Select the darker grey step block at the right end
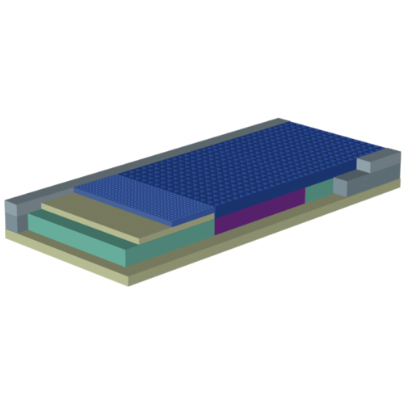coord(347,183)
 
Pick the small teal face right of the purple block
coord(318,191)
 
